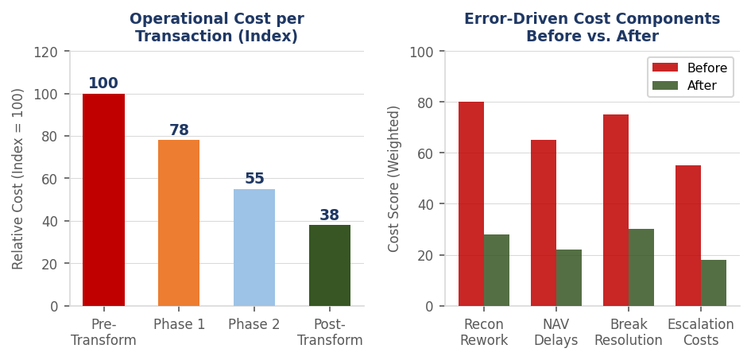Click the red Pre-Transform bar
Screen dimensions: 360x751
pos(103,199)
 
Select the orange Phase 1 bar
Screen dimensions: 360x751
pos(179,223)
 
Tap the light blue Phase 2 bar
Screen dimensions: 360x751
pos(254,247)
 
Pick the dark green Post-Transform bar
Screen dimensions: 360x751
pos(330,265)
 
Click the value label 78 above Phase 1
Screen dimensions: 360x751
pos(179,130)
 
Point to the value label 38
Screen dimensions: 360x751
pos(330,215)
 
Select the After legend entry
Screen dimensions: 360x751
pos(687,86)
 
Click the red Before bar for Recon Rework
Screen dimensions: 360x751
pos(471,203)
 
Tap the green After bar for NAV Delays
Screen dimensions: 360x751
pos(569,277)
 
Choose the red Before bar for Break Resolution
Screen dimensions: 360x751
pos(616,210)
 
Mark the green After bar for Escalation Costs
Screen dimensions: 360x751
pos(714,283)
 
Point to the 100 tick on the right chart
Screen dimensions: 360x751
pos(421,52)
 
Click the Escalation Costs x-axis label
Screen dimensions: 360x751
pos(701,332)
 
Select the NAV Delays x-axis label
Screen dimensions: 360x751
pos(556,332)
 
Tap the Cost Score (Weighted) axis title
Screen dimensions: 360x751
pos(394,178)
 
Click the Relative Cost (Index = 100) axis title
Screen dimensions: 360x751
pos(18,178)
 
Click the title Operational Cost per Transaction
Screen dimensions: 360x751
pos(217,28)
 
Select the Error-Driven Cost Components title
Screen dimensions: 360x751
pos(592,28)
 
